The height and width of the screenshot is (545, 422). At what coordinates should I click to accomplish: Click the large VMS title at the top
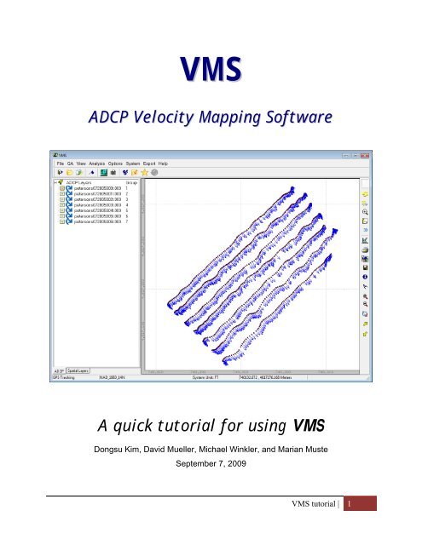pos(211,69)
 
